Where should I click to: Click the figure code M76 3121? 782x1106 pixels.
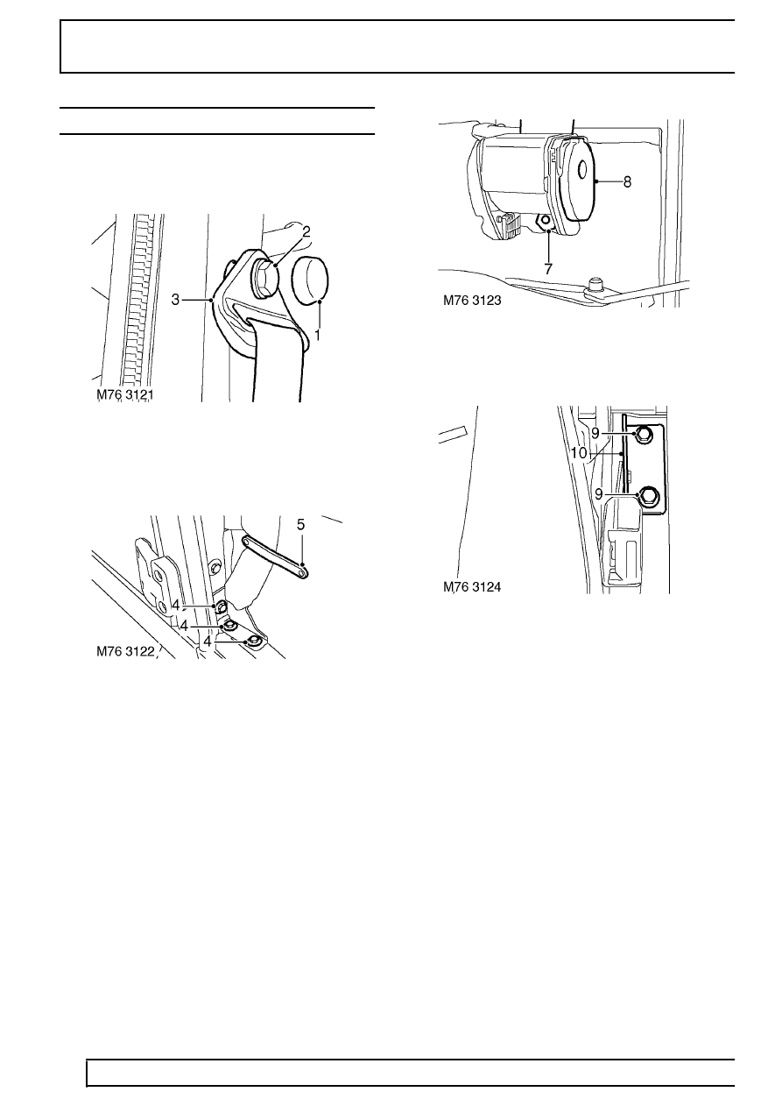click(125, 394)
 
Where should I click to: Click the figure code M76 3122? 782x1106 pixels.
click(125, 652)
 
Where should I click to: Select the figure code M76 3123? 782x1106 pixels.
click(472, 301)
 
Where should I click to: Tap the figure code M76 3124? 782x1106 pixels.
click(472, 587)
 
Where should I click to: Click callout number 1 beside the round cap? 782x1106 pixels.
click(317, 336)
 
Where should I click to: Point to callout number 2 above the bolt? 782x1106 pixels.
click(306, 231)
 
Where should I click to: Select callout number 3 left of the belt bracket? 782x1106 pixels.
click(175, 299)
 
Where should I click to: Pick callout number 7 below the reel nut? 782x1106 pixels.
click(548, 269)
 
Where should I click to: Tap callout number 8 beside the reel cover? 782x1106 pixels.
click(627, 182)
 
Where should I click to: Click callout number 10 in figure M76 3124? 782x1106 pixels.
click(579, 453)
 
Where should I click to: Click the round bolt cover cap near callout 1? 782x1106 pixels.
click(310, 279)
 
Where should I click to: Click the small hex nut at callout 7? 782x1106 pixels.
click(546, 221)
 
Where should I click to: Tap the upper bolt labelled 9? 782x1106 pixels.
click(644, 434)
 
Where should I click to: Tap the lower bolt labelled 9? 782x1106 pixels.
click(645, 495)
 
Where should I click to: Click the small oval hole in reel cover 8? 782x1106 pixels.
click(582, 170)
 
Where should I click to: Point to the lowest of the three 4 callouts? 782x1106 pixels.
click(208, 642)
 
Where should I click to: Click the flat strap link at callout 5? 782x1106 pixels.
click(275, 557)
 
